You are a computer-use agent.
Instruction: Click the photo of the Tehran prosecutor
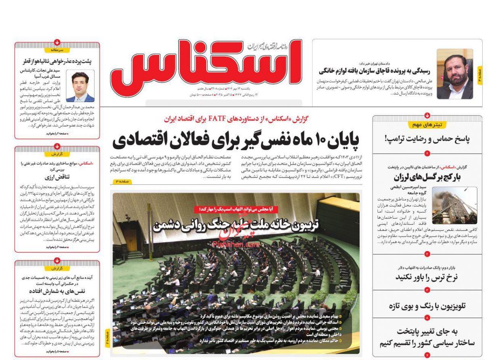coord(454,74)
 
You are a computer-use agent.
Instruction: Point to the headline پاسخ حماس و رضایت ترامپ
coord(427,140)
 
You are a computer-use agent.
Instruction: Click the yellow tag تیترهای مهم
coord(427,125)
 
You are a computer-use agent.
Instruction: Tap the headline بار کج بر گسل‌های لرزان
coord(427,177)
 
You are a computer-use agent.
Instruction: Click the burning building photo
coord(454,205)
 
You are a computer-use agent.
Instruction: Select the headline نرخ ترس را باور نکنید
coord(427,277)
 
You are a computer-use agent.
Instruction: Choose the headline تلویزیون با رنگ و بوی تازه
coord(427,306)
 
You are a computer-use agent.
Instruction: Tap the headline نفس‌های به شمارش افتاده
coord(57,291)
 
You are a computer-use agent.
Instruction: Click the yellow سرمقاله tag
coord(57,50)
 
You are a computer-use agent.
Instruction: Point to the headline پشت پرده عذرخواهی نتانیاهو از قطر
coord(57,61)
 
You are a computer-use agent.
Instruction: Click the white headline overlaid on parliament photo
coord(235,225)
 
